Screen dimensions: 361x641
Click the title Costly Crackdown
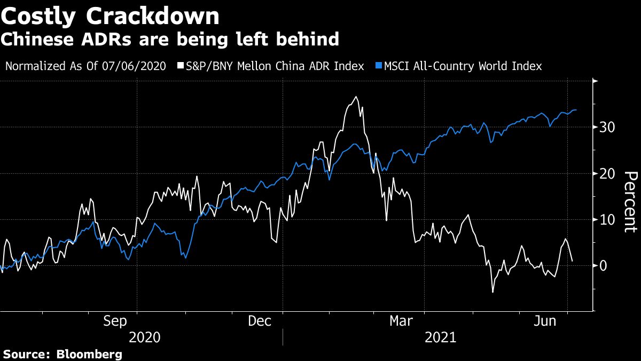click(x=110, y=16)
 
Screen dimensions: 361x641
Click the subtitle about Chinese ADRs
click(x=170, y=39)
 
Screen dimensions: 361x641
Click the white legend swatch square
click(x=181, y=66)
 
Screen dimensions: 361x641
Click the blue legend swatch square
click(x=379, y=66)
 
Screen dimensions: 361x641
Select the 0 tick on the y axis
click(x=604, y=266)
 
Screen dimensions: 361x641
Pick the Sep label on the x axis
click(x=115, y=321)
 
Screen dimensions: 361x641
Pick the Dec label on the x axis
click(x=260, y=321)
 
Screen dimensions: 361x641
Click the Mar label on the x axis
click(x=401, y=321)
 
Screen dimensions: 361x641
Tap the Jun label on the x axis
click(x=546, y=321)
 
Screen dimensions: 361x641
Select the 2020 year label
click(x=145, y=337)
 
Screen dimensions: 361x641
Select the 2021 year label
click(x=441, y=337)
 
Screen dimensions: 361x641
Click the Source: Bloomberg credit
click(x=63, y=354)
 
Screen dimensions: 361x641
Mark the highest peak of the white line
click(x=356, y=97)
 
